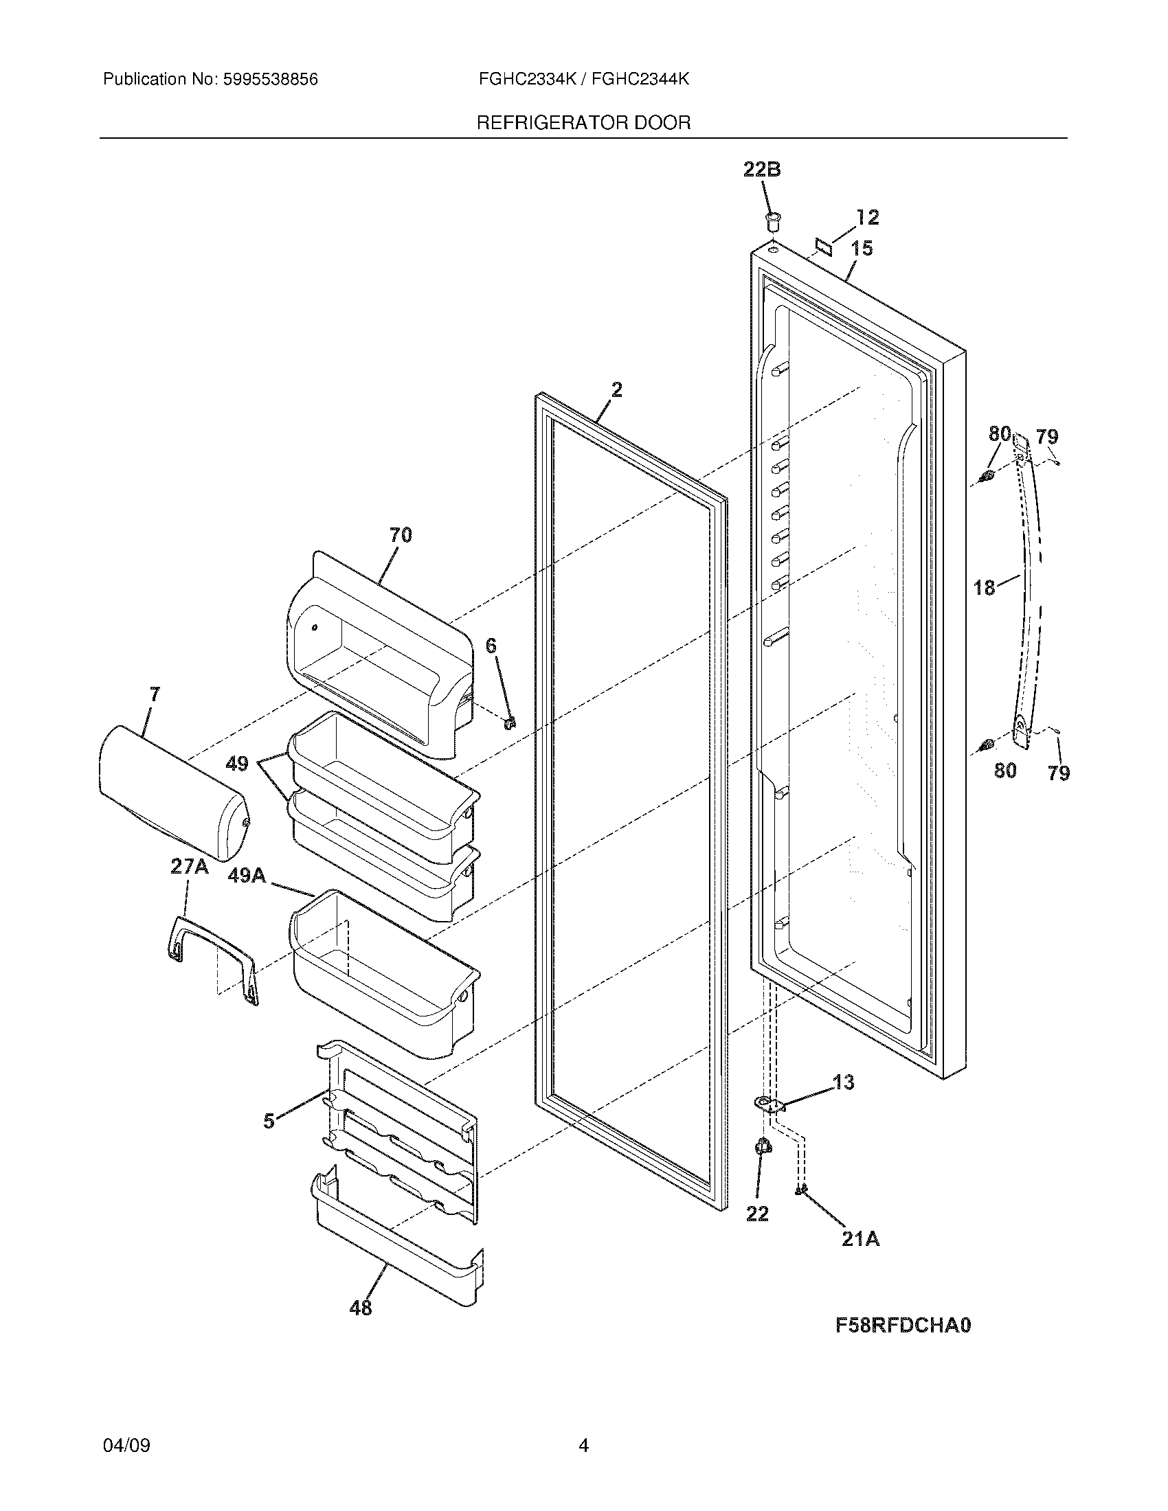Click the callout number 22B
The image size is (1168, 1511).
(762, 169)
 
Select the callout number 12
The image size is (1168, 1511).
(867, 217)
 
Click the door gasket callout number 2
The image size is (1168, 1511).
(616, 389)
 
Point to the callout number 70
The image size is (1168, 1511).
(400, 535)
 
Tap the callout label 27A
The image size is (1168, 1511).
(189, 867)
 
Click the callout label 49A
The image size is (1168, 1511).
(247, 876)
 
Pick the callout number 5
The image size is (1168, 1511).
(269, 1122)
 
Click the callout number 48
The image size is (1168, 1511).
(361, 1308)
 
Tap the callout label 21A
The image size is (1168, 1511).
(860, 1239)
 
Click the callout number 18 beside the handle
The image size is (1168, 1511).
(984, 587)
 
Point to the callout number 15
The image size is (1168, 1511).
(862, 248)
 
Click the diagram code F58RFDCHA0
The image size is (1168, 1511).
(902, 1325)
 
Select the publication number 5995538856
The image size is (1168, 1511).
(270, 80)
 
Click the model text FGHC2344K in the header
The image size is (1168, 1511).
(641, 80)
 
